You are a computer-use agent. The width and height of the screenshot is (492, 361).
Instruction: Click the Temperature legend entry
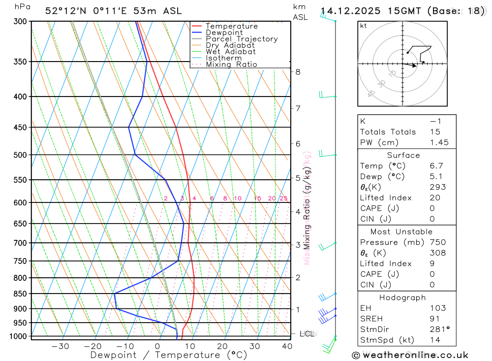point(231,26)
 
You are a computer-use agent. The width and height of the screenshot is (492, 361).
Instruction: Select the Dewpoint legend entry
point(224,33)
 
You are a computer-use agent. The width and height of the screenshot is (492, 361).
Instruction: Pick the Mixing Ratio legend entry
point(231,64)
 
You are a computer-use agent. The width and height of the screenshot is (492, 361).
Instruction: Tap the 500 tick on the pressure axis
point(20,155)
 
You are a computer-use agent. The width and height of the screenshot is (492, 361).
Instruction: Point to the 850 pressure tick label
point(20,294)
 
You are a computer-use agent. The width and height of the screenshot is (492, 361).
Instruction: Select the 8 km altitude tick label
point(298,71)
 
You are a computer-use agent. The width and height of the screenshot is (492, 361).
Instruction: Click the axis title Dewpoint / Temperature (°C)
point(169,355)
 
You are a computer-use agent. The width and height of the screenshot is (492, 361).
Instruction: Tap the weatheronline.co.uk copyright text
point(409,355)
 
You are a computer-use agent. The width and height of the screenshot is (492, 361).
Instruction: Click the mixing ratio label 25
point(283,198)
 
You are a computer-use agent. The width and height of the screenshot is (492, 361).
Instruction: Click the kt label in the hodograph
point(364,26)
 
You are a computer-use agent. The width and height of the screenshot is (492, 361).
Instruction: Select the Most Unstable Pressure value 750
point(437,242)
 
